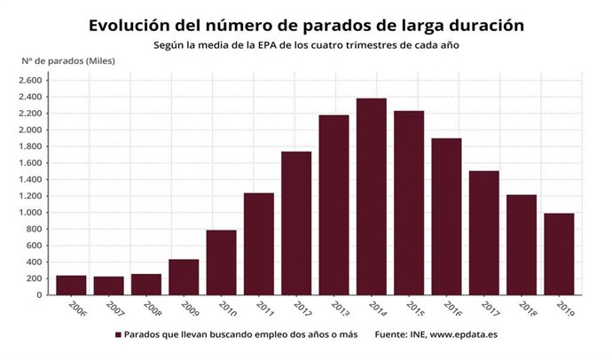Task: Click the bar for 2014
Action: tap(371, 197)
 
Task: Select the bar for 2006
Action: tap(71, 285)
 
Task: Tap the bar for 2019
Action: tap(559, 254)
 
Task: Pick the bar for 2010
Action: tap(221, 262)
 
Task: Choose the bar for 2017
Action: tap(483, 232)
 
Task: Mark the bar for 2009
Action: tap(184, 277)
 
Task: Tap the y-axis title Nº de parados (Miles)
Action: tap(68, 60)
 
